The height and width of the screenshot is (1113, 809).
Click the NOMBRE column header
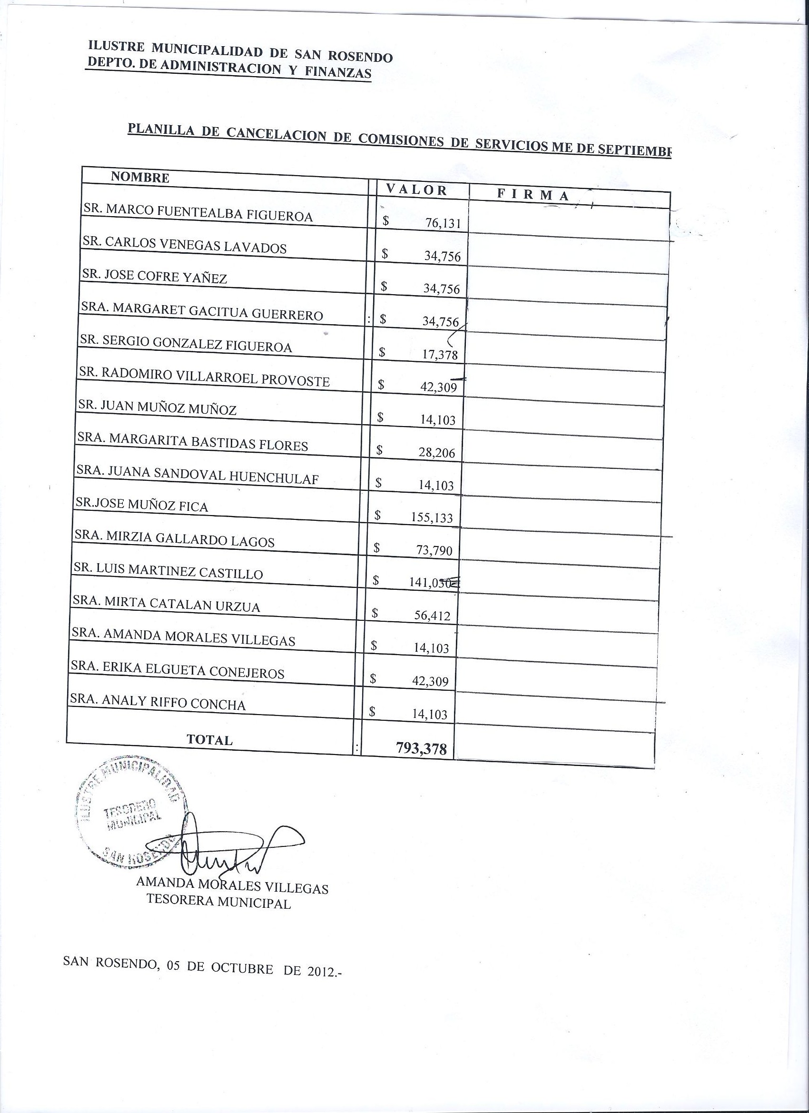pos(140,178)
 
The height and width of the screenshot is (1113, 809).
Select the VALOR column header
pos(416,190)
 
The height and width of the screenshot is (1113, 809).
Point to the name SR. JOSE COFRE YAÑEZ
pos(155,277)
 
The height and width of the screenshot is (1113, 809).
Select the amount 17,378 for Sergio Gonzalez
pos(440,355)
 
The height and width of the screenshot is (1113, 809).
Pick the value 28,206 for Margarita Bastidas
pos(437,452)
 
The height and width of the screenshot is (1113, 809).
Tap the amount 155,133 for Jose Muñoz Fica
pos(431,518)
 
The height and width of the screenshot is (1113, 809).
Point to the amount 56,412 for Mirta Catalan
pos(432,616)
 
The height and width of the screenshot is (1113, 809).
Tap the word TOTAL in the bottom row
pos(209,740)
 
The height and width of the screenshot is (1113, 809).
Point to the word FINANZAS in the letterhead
pos(338,73)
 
